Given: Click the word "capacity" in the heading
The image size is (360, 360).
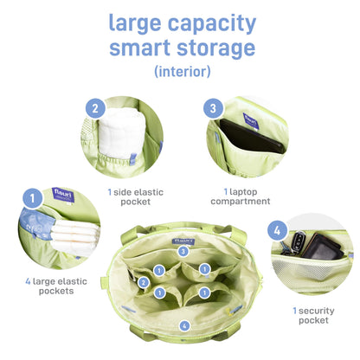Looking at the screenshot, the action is (212, 24).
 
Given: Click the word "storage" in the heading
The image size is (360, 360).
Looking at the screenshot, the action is (215, 48).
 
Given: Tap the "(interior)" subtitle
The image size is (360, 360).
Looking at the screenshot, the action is (183, 71).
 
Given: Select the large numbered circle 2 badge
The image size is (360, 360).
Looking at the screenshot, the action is (95, 108).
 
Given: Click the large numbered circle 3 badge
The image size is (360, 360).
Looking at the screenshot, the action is (213, 108).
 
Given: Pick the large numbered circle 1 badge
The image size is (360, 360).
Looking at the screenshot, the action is (32, 198).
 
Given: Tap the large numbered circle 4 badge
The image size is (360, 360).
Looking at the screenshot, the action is (277, 230).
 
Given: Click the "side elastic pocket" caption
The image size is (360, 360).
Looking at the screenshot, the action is (136, 197).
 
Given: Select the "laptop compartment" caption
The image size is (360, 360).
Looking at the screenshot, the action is (241, 196).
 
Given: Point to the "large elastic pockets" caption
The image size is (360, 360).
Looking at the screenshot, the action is (56, 286).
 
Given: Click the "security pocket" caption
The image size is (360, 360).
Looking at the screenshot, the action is (313, 316).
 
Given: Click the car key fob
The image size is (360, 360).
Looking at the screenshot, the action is (298, 241).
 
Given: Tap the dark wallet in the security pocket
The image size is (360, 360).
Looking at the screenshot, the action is (323, 247).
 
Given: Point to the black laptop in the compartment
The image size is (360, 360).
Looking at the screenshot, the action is (252, 137).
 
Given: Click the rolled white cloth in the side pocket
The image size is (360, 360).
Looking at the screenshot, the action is (122, 133).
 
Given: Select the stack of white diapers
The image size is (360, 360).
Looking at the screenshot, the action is (75, 236).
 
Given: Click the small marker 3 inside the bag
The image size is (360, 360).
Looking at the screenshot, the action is (183, 251).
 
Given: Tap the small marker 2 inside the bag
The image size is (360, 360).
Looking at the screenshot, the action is (144, 283).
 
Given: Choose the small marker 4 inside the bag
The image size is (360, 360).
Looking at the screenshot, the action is (184, 326).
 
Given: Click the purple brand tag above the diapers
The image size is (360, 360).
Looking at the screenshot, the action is (63, 195).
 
